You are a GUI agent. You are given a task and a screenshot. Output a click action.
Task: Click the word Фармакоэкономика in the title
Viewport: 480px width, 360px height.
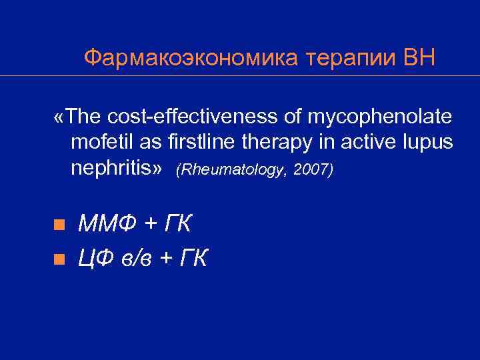tap(191, 58)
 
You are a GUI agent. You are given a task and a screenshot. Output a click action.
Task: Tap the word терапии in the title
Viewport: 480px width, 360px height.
tap(347, 58)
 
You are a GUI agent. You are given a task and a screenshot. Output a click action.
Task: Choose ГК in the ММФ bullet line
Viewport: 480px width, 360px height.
tap(176, 225)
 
